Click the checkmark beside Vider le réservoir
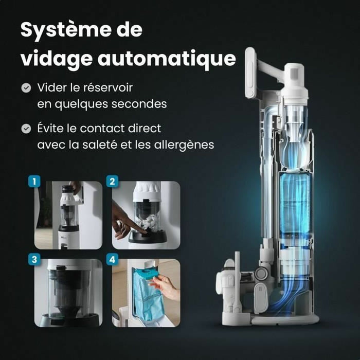pos(26,88)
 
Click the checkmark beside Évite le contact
pos(26,128)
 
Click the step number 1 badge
pos(34,182)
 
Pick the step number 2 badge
pos(112,182)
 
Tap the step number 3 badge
pos(34,259)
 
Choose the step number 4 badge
pos(112,259)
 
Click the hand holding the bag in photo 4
pos(167,288)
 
